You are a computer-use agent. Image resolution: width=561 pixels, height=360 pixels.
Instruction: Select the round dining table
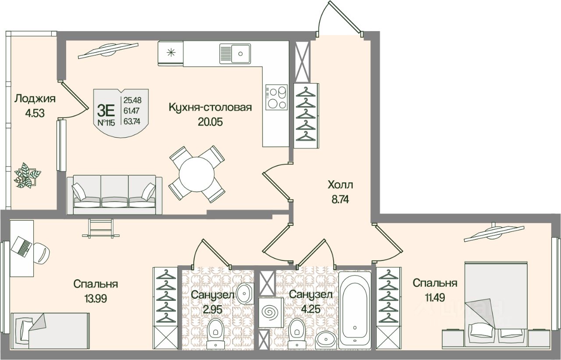pos(197,174)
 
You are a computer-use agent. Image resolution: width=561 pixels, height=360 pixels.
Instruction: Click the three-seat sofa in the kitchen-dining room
pos(114,195)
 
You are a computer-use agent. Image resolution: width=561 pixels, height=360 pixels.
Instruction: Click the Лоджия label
pos(35,99)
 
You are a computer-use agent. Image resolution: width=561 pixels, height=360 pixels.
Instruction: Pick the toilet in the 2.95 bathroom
pos(215,333)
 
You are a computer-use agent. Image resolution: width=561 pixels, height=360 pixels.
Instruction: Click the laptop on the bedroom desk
pos(21,246)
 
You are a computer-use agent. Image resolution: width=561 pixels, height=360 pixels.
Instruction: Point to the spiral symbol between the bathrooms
pos(270,313)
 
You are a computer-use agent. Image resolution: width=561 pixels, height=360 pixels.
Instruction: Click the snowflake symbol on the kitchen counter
pos(171,53)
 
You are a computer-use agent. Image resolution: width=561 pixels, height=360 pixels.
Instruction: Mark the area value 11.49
pos(435,298)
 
